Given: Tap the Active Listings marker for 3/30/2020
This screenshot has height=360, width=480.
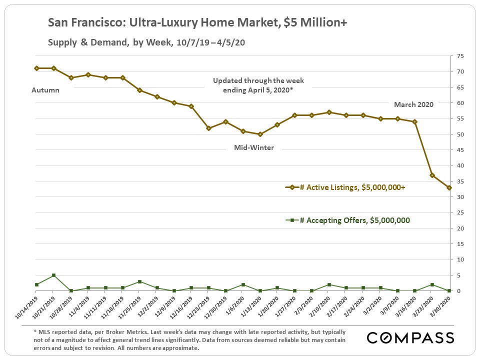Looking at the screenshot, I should [x=449, y=187].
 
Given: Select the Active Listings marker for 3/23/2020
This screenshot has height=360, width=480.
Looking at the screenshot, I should [x=432, y=175].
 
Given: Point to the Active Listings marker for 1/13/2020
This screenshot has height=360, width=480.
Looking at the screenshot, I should [x=260, y=134].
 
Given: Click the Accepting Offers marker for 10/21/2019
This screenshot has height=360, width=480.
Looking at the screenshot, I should [x=53, y=275].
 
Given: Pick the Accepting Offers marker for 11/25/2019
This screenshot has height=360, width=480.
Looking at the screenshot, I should [x=139, y=281].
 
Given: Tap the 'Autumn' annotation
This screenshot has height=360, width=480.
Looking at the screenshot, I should [x=45, y=90].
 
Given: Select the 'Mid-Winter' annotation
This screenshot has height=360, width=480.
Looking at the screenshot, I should [x=254, y=148].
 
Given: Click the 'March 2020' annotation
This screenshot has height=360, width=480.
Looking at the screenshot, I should [x=413, y=104].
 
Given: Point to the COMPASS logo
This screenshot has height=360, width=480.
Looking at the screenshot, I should [x=410, y=337].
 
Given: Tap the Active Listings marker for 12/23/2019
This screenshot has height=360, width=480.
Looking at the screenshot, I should [x=208, y=128].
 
